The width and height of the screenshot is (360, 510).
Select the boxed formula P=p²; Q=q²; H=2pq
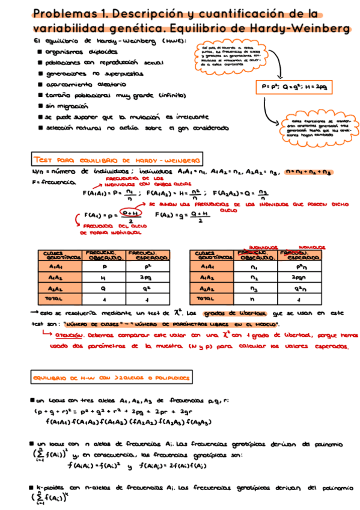click(296, 86)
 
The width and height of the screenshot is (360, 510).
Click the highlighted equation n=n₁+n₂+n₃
click(309, 172)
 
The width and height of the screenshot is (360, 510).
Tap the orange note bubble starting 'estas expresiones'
click(310, 127)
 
